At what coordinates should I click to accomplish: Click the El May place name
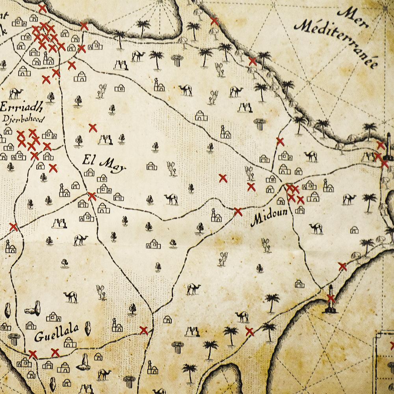click(104, 163)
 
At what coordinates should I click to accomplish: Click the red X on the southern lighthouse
click(331, 298)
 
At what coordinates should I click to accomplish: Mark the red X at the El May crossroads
click(92, 196)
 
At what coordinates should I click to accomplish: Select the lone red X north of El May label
click(93, 128)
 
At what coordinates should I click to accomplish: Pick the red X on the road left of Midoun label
click(238, 212)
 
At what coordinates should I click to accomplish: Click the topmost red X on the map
click(42, 8)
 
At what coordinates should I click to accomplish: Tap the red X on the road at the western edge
click(14, 227)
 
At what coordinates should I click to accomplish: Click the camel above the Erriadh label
click(16, 93)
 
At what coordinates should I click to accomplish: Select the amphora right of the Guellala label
click(88, 328)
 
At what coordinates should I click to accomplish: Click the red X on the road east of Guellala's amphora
click(144, 331)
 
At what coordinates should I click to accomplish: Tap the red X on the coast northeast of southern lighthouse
click(342, 267)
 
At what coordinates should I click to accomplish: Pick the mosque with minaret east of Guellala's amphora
click(117, 325)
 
